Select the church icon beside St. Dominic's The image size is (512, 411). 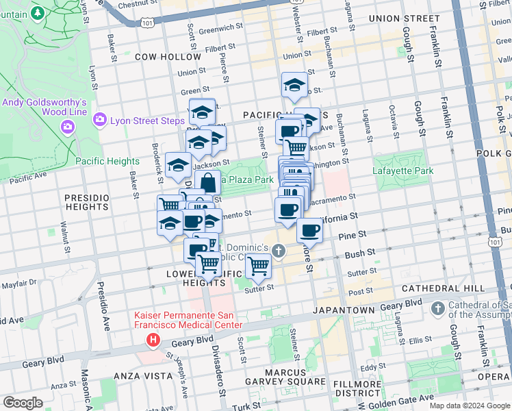coord(278,251)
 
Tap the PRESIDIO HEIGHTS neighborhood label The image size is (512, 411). coord(87,203)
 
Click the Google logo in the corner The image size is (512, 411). coord(22,403)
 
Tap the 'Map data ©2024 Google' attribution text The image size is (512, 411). coord(470,405)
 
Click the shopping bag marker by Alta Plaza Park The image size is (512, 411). coord(207,184)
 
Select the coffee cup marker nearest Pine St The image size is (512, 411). coord(309,232)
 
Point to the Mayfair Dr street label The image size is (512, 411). coord(18,282)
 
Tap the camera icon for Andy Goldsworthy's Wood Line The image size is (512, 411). coord(67,127)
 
